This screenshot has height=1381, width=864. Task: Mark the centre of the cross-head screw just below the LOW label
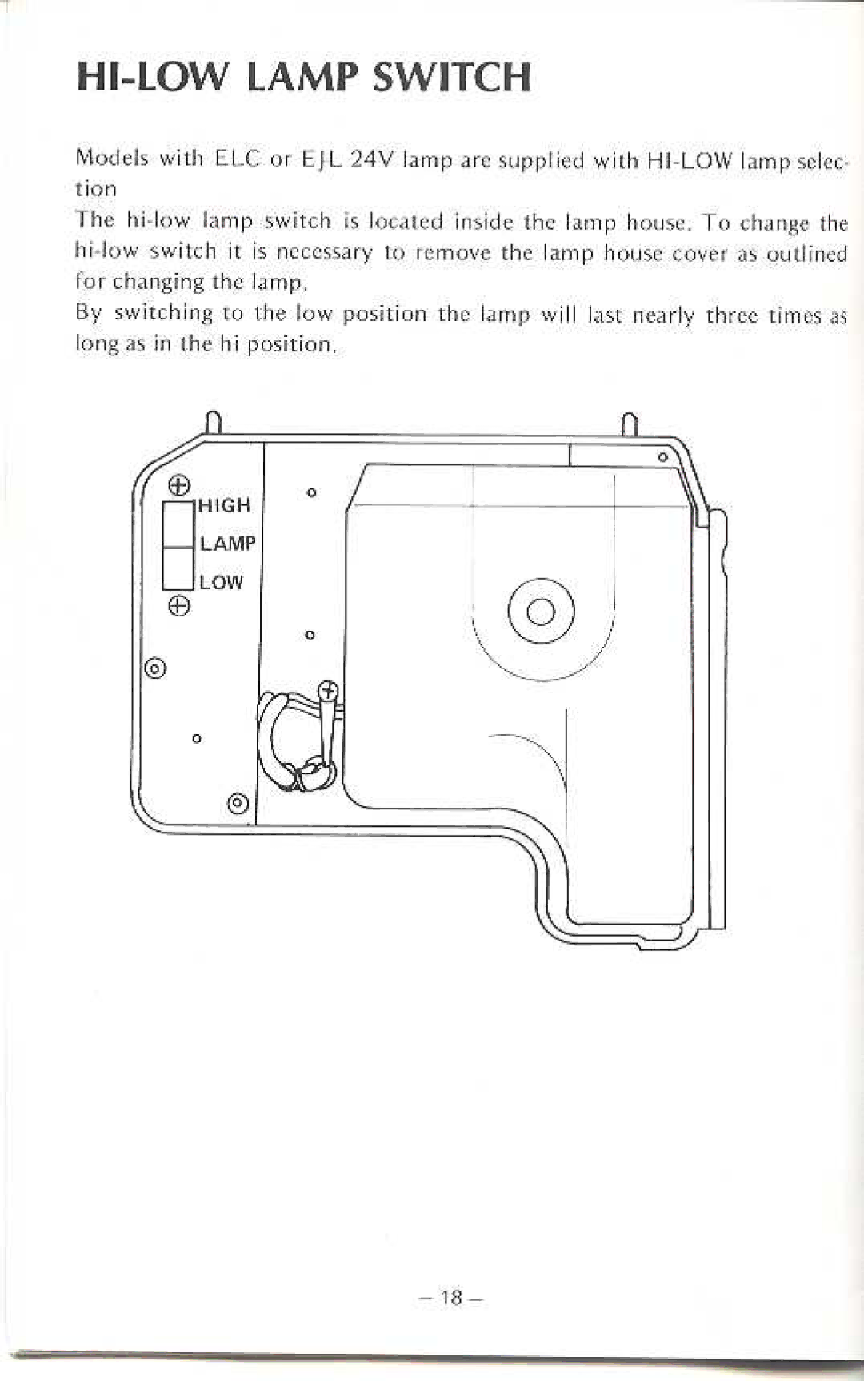pos(179,606)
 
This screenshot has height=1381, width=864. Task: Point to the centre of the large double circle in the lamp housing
pos(541,611)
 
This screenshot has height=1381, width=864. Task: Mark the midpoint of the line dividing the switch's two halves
pos(178,548)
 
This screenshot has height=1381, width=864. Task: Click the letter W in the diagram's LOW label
pos(233,583)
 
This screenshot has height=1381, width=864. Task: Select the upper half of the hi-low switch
pos(178,526)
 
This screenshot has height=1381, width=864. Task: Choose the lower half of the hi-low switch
pos(178,569)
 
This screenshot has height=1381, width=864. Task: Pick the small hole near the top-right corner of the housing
pos(662,457)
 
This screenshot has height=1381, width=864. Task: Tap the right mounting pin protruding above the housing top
pos(630,424)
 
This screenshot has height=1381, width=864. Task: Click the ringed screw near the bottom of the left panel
pos(238,802)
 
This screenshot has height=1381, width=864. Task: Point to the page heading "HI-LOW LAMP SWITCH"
pos(304,78)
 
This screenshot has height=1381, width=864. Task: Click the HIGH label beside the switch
pos(224,505)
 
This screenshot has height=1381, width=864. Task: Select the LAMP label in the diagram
pos(228,544)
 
